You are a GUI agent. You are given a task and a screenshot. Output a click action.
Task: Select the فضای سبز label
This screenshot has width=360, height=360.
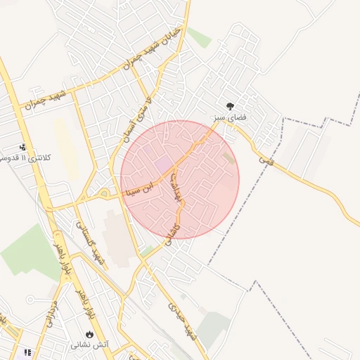[231, 117]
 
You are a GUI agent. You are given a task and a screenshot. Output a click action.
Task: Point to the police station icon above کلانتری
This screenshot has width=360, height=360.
[23, 147]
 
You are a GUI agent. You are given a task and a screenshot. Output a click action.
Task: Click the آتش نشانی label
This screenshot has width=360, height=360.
[89, 345]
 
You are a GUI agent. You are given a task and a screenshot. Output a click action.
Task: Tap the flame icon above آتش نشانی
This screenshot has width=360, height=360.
[89, 334]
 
